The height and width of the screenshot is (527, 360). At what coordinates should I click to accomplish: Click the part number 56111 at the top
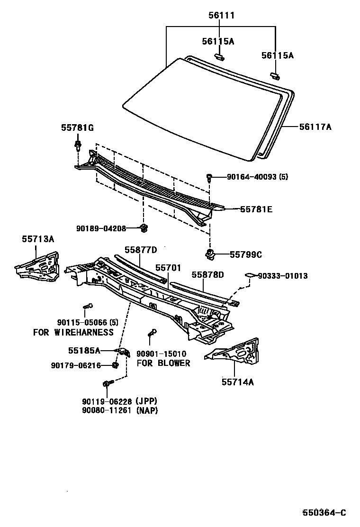(221, 16)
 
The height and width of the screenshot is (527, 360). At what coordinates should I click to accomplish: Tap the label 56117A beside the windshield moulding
(315, 127)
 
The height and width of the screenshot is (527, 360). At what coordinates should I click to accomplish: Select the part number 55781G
(77, 127)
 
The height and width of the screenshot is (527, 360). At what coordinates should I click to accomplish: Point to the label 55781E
(256, 209)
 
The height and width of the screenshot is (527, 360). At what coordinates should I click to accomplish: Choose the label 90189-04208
(101, 228)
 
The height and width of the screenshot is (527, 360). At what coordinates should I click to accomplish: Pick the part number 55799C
(246, 254)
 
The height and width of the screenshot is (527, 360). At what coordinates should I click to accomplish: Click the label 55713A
(38, 239)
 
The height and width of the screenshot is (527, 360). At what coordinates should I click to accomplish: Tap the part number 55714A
(237, 382)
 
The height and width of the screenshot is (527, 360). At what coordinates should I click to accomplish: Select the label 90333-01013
(283, 276)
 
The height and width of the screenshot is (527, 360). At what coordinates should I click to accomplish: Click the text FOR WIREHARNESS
(73, 332)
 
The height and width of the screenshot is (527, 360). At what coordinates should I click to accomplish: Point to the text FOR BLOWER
(163, 363)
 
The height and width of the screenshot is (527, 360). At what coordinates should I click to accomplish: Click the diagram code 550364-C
(325, 512)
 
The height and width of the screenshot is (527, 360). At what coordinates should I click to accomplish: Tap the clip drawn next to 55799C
(210, 254)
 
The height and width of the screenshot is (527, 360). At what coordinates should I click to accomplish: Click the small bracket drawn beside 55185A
(124, 352)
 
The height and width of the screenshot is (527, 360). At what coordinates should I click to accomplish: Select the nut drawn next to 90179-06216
(115, 365)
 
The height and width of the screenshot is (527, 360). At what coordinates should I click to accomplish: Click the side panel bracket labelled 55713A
(38, 265)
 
